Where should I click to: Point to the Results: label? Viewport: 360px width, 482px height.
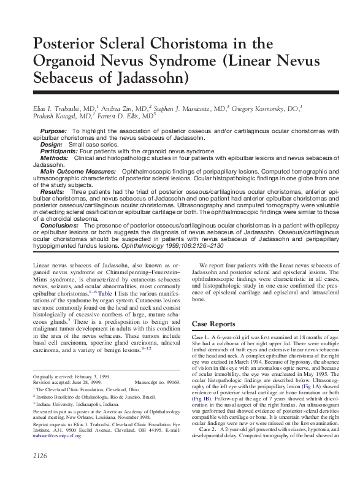click(x=52, y=192)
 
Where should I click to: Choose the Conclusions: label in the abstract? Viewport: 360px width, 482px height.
click(x=59, y=226)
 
